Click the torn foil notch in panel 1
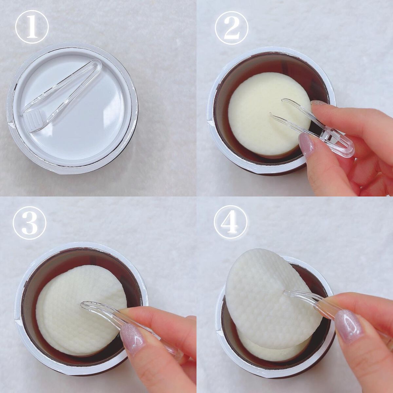tap(10, 124)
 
